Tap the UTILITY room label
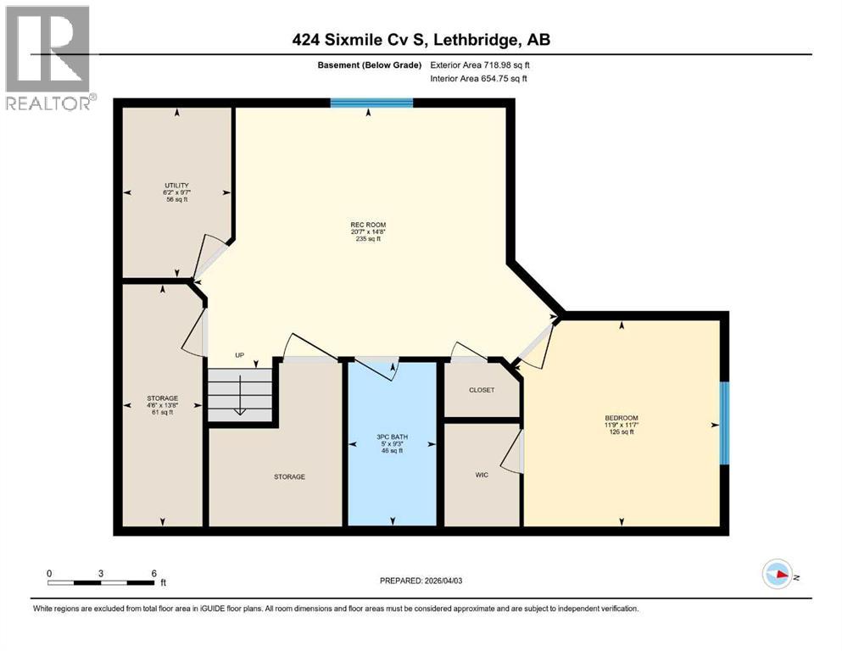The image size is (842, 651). coord(176,186)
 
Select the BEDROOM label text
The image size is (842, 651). coord(621,417)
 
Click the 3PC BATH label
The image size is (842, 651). coord(391,437)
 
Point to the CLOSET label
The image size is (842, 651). coord(482,390)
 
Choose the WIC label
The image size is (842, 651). coord(481,474)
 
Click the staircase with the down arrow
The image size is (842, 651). coord(240,394)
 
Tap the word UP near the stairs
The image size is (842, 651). coord(240,356)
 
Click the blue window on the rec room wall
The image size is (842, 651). coord(371,103)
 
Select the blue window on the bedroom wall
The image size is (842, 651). coord(724,423)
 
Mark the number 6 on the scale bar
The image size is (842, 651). coord(153,573)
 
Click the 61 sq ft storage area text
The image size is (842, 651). coord(162,412)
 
